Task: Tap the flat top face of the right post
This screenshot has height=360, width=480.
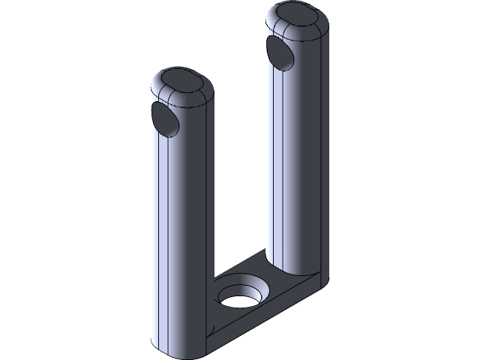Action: tap(297, 17)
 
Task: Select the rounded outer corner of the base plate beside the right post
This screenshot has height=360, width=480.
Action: tap(321, 280)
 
